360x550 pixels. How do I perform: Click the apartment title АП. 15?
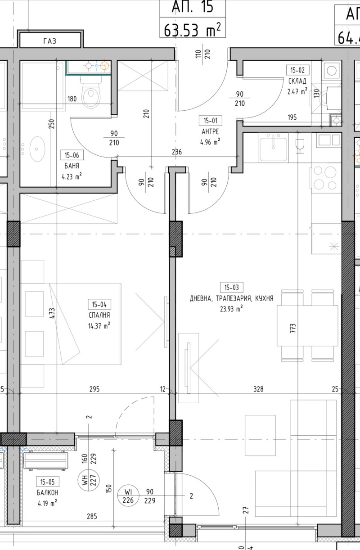coord(192,8)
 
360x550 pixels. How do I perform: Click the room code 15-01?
coord(210,121)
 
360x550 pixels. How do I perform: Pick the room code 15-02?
coord(298,70)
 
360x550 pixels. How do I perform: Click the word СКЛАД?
coord(297,81)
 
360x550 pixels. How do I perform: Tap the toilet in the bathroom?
coord(91,94)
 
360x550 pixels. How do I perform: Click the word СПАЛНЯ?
coord(100,315)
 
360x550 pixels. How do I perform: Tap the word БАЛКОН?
coord(47,492)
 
